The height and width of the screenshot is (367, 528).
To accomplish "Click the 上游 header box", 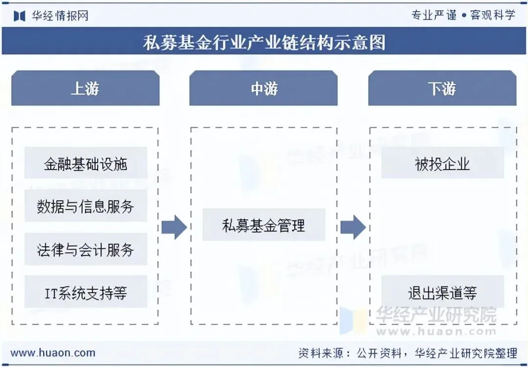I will point(86,88).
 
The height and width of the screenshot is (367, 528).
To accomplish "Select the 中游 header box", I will point(264,88).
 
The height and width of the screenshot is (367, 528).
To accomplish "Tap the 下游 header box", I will point(442,88).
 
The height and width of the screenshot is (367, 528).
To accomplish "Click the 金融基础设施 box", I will point(86,163).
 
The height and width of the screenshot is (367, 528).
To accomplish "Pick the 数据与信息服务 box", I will point(86,206).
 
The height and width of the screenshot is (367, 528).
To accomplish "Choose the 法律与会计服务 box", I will point(86,249).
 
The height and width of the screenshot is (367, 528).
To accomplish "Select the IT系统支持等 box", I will point(86,292).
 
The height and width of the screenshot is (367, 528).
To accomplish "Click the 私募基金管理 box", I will point(264,225).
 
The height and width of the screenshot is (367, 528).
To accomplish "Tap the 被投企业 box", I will point(442,163).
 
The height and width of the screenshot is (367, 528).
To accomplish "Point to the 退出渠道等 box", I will point(442,292).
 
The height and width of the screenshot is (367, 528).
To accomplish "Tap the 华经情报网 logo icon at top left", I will point(20,16).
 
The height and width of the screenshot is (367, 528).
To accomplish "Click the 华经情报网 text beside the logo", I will point(60,16).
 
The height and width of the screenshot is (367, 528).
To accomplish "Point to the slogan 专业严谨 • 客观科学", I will point(463,15).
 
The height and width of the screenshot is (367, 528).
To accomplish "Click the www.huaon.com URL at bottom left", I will point(53,352).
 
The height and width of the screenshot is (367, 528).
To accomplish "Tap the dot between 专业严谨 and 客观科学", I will point(463,15).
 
